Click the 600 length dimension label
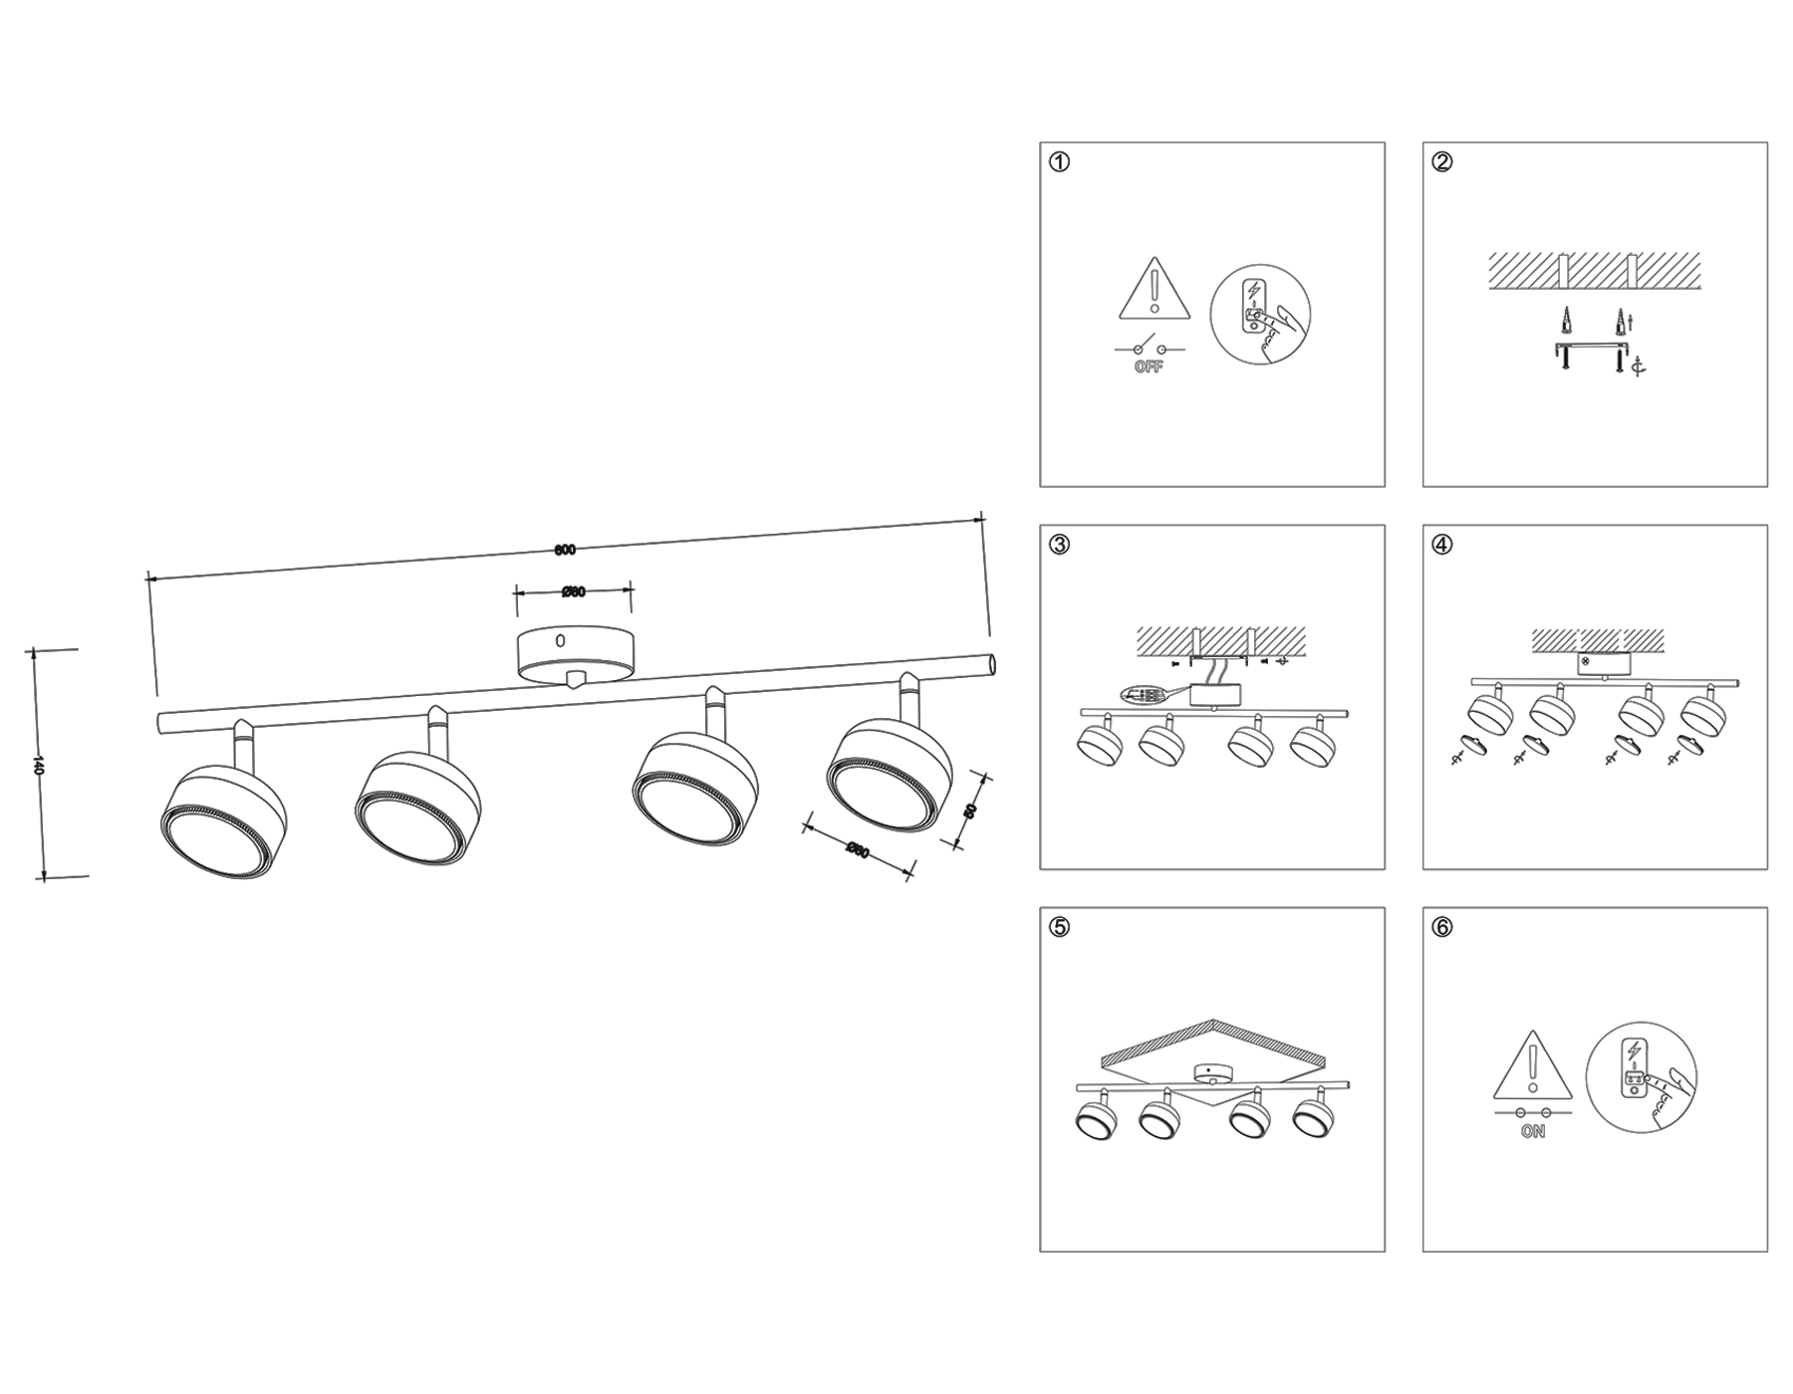pyautogui.click(x=565, y=551)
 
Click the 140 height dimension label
pyautogui.click(x=39, y=765)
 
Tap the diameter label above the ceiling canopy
pyautogui.click(x=573, y=592)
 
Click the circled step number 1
pyautogui.click(x=1060, y=162)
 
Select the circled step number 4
pyautogui.click(x=1442, y=545)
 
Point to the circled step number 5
pyautogui.click(x=1060, y=927)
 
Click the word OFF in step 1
pyautogui.click(x=1149, y=367)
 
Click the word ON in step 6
pyautogui.click(x=1533, y=1132)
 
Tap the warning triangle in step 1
pyautogui.click(x=1154, y=290)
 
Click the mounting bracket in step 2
pyautogui.click(x=1593, y=348)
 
